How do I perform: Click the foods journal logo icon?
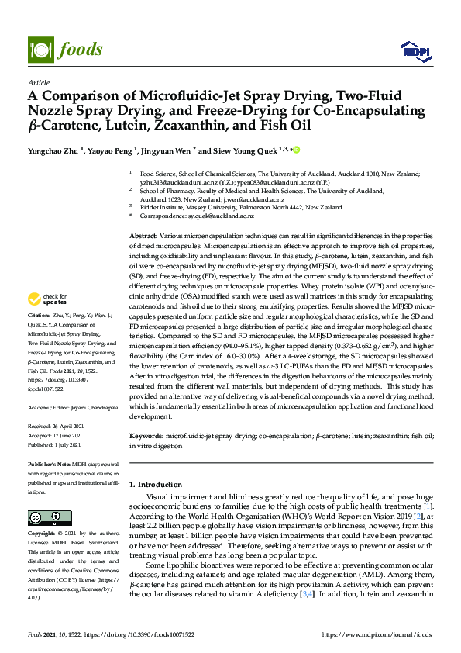coord(39,49)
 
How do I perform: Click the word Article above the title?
coord(38,82)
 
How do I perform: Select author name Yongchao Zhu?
coord(53,150)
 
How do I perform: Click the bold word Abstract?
coord(143,235)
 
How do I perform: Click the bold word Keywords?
coord(146,437)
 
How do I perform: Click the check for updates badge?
coord(46,299)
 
